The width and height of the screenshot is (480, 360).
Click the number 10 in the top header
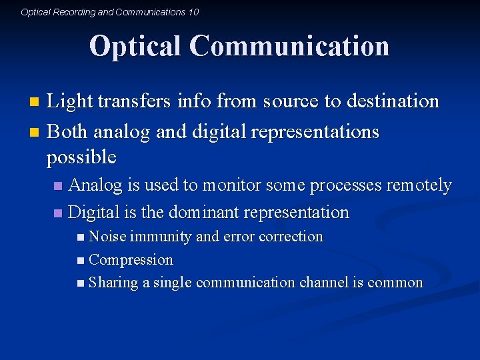pyautogui.click(x=193, y=12)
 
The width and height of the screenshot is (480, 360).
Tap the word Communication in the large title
pyautogui.click(x=289, y=46)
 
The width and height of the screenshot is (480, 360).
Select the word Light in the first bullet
pyautogui.click(x=69, y=101)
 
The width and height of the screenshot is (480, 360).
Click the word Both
pyautogui.click(x=68, y=132)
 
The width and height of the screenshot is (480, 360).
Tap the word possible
pyautogui.click(x=81, y=157)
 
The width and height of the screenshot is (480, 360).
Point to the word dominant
pyautogui.click(x=203, y=213)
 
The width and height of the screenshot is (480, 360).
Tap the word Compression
pyautogui.click(x=131, y=260)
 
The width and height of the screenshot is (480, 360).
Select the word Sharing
pyautogui.click(x=113, y=283)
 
